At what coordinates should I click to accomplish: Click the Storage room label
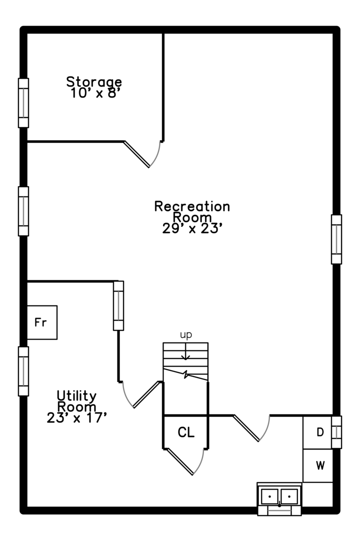coord(94,82)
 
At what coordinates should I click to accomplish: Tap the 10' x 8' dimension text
coord(94,93)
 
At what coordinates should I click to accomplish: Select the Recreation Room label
coord(192,211)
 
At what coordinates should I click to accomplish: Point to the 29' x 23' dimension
coord(192,228)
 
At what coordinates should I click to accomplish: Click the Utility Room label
coord(76,401)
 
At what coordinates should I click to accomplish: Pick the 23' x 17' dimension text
coord(76,417)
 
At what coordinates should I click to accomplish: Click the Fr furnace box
coord(42,322)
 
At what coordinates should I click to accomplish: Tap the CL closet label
coord(186,432)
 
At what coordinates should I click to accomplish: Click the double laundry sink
coord(279,498)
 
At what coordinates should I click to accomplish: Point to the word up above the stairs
coord(186,334)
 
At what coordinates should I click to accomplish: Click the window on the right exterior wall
coord(336,239)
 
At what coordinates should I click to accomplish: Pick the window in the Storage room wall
coord(23,103)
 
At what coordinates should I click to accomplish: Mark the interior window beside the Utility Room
coord(118,306)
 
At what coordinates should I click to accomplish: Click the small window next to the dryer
coord(336,432)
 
